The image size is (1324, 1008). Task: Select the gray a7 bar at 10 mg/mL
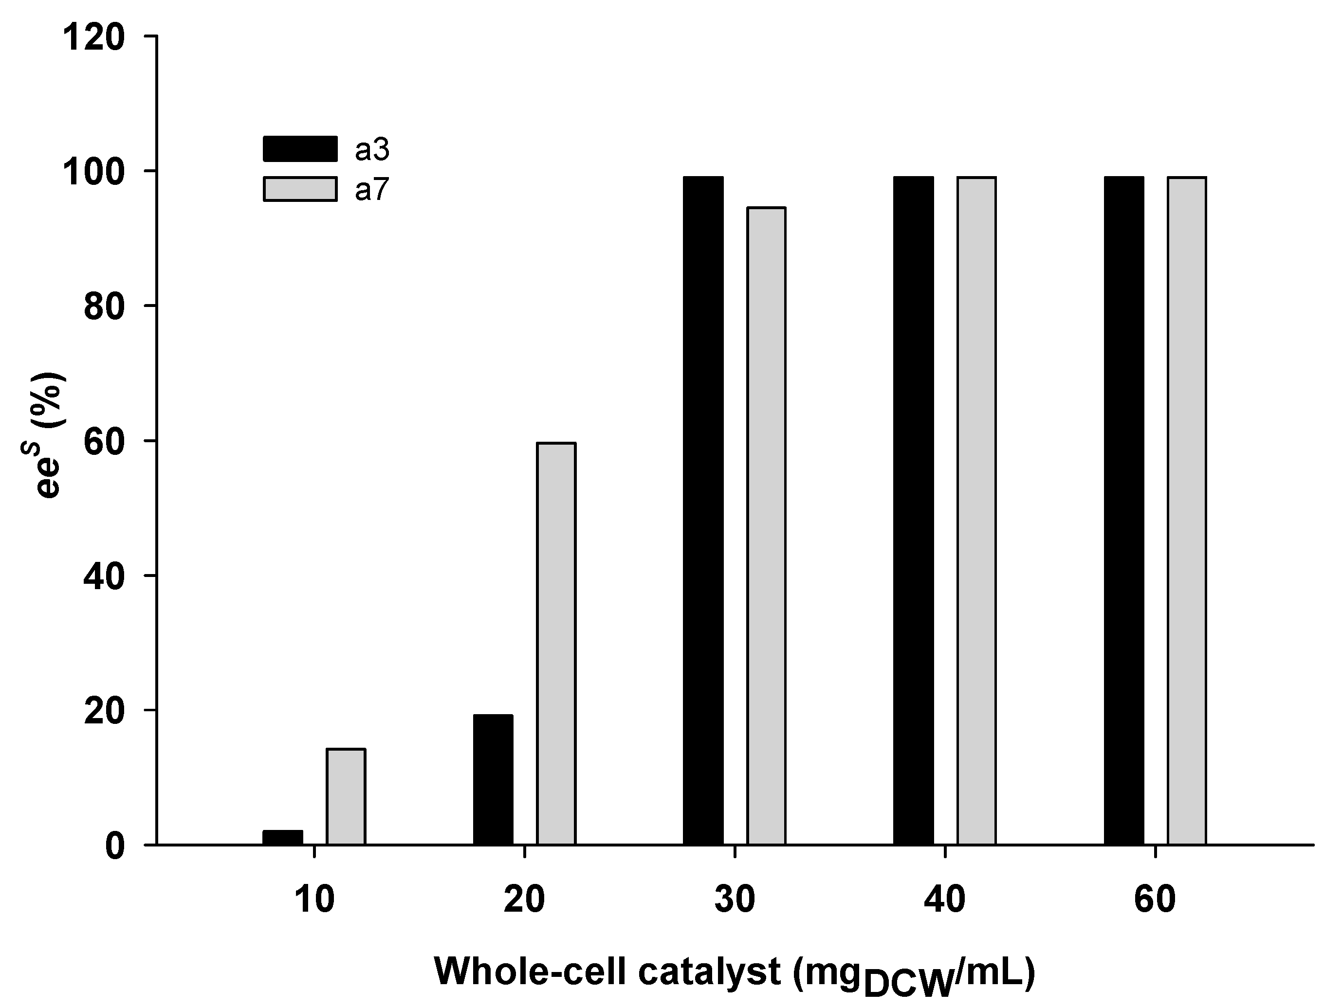(346, 797)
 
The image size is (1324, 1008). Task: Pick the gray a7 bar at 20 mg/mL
(556, 644)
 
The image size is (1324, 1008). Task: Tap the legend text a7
(372, 190)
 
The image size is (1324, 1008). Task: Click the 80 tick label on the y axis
(105, 306)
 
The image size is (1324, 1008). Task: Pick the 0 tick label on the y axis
(115, 846)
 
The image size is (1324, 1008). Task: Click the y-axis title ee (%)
(49, 434)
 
